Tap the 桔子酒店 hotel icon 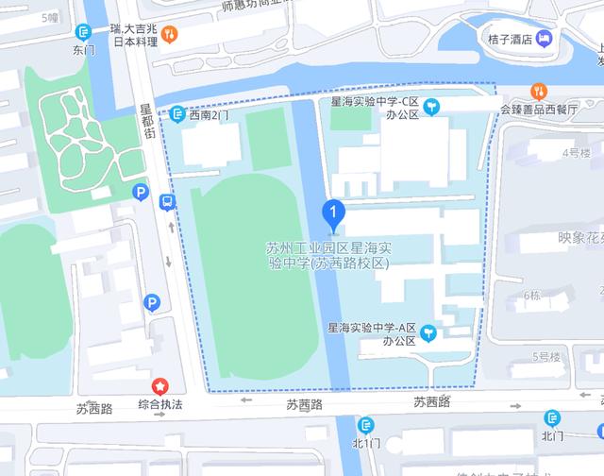(x=545, y=39)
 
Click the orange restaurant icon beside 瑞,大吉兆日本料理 (x=170, y=35)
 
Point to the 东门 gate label (x=83, y=50)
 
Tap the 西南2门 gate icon (x=176, y=114)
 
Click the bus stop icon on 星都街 (x=167, y=201)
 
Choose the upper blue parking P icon (x=140, y=193)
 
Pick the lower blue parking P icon (x=151, y=302)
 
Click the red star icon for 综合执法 (x=160, y=386)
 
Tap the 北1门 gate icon (x=365, y=425)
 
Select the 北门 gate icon (x=552, y=417)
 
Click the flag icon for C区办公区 (x=431, y=107)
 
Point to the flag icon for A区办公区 (x=429, y=332)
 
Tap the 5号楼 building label (x=546, y=356)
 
